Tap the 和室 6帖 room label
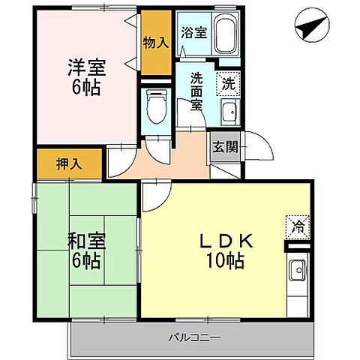pyautogui.click(x=84, y=251)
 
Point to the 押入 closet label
pyautogui.click(x=69, y=162)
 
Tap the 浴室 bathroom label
pyautogui.click(x=193, y=33)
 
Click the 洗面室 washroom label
pyautogui.click(x=197, y=91)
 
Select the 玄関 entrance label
pyautogui.click(x=224, y=147)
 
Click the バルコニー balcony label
pyautogui.click(x=193, y=337)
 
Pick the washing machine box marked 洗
pyautogui.click(x=228, y=83)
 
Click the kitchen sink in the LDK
pyautogui.click(x=296, y=268)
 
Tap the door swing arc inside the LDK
pyautogui.click(x=154, y=196)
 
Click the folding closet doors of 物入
pyautogui.click(x=137, y=45)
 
